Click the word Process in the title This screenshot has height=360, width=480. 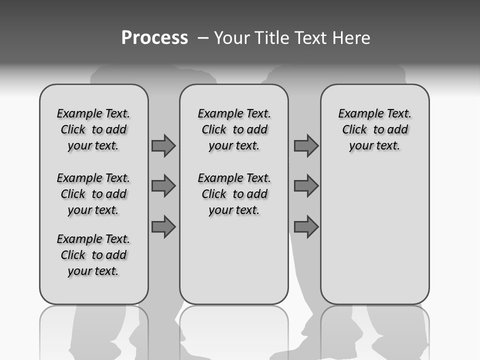tap(154, 38)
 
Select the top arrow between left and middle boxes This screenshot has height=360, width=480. tap(163, 145)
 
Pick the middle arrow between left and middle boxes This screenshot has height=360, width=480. tap(163, 186)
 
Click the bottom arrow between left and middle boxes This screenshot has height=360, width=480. tap(163, 227)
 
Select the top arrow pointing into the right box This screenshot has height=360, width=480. tap(306, 145)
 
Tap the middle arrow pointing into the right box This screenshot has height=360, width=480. tap(306, 186)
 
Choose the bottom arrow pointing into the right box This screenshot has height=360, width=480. tap(306, 227)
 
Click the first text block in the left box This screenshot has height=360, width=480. tap(93, 129)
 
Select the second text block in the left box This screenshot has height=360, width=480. tap(93, 194)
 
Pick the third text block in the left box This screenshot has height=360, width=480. tap(93, 255)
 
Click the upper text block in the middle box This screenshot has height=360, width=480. tap(234, 129)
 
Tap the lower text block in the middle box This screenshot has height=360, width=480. tap(234, 194)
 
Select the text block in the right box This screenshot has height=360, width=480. tap(374, 129)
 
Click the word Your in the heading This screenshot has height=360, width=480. tap(232, 38)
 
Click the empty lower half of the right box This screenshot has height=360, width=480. tap(374, 240)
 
